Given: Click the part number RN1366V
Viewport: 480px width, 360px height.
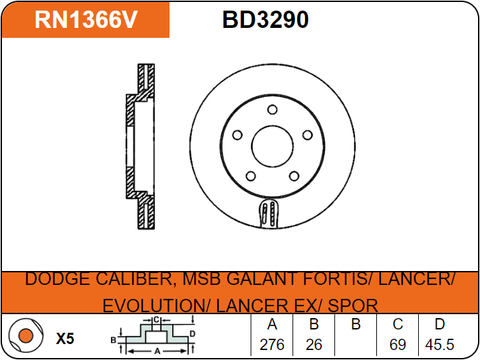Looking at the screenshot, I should pyautogui.click(x=86, y=20).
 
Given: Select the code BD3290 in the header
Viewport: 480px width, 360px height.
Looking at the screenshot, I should pyautogui.click(x=265, y=20).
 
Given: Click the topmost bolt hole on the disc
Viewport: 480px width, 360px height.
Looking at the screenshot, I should pyautogui.click(x=272, y=110).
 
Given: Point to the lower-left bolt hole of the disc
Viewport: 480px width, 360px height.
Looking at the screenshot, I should pyautogui.click(x=251, y=176).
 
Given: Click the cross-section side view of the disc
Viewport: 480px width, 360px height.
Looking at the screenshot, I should pyautogui.click(x=140, y=147).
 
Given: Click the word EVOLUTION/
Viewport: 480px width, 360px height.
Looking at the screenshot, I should pyautogui.click(x=156, y=306).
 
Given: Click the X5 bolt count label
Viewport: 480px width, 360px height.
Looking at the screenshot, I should pyautogui.click(x=65, y=339).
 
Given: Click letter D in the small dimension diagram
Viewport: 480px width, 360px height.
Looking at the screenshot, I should pyautogui.click(x=192, y=333).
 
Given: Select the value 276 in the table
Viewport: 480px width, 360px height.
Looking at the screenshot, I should pyautogui.click(x=271, y=345).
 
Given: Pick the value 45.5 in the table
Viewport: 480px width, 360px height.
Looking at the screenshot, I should pyautogui.click(x=439, y=345).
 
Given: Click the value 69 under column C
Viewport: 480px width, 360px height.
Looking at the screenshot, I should pyautogui.click(x=398, y=345).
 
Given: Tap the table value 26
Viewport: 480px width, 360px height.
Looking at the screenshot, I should pyautogui.click(x=314, y=345).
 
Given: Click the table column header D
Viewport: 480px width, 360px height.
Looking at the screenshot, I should pyautogui.click(x=439, y=325).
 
